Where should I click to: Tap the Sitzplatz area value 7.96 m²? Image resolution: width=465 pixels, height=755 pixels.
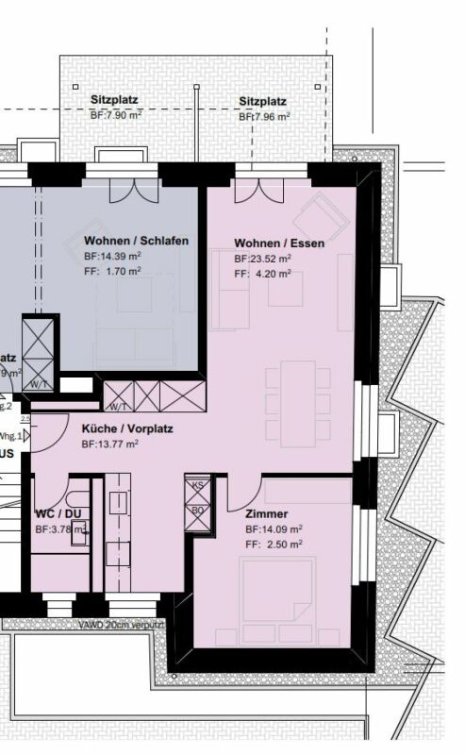(264, 117)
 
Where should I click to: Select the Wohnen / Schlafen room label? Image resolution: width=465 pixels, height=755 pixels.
(136, 241)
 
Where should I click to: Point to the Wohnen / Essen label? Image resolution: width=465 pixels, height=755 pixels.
(279, 243)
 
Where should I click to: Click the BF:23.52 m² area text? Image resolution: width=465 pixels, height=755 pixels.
(262, 258)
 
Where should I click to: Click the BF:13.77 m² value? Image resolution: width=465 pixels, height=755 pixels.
(110, 443)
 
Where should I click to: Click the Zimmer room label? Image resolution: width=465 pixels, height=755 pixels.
(266, 513)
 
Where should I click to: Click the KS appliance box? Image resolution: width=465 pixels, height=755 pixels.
(198, 485)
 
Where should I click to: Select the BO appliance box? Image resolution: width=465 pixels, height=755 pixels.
(198, 511)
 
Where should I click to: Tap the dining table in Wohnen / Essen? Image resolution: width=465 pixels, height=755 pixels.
(297, 404)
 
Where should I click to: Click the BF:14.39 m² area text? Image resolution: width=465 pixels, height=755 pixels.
(112, 256)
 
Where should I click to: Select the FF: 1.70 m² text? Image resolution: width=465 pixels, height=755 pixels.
(112, 270)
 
